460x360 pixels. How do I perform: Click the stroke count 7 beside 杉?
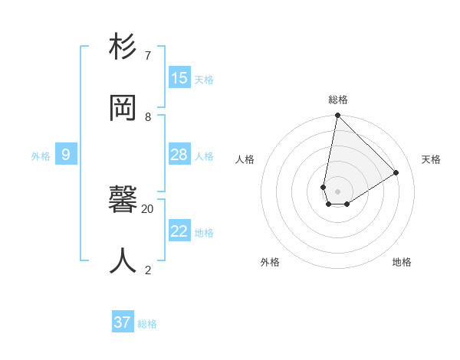tap(148, 56)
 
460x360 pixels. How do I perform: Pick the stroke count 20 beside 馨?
tap(148, 208)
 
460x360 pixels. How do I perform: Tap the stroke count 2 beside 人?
tap(148, 270)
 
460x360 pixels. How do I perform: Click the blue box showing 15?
tap(179, 78)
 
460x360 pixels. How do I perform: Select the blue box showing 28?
tap(179, 155)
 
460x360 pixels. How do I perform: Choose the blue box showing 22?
tap(179, 231)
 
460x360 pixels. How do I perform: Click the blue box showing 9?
tap(66, 155)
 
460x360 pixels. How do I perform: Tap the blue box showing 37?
tap(123, 322)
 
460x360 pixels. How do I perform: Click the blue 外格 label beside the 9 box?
tap(41, 156)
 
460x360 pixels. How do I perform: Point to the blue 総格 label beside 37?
tap(147, 324)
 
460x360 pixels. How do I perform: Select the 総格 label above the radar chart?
tap(338, 100)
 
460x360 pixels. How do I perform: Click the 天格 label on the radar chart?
tap(431, 159)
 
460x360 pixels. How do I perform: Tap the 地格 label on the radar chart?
tap(402, 262)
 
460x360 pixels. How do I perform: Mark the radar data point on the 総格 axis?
tap(337, 116)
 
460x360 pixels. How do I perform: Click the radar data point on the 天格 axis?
tap(396, 172)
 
